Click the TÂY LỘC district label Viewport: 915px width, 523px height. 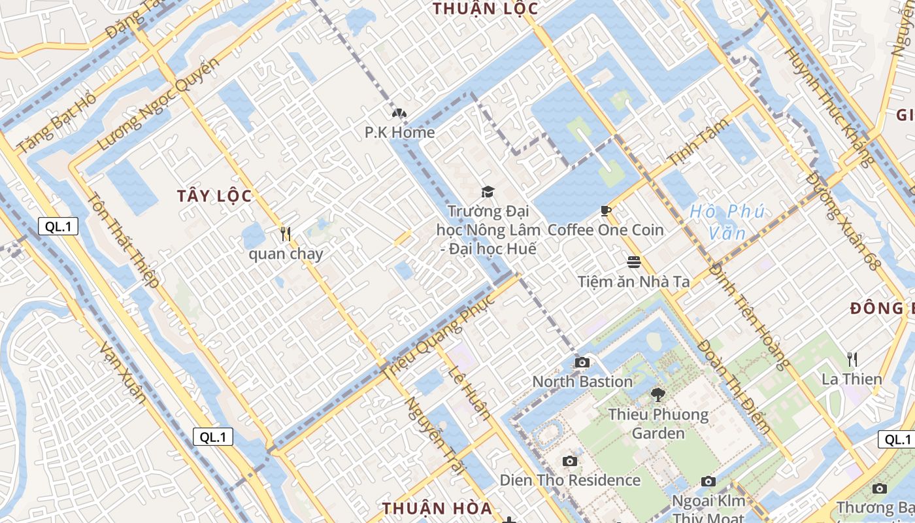214,196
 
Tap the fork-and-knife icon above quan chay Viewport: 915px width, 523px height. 285,233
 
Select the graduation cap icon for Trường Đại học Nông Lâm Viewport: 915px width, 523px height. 488,191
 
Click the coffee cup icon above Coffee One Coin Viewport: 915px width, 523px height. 605,210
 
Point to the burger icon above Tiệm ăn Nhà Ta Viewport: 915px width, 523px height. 633,262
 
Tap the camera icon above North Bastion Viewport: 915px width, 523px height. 582,362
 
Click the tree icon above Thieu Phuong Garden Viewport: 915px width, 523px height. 657,394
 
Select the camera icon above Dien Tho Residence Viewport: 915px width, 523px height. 570,461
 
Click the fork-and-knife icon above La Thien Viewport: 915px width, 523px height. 852,359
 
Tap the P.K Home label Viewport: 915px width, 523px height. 399,133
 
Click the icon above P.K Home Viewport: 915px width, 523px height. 399,113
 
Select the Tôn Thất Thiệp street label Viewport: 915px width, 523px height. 124,240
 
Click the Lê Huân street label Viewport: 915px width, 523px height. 469,392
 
